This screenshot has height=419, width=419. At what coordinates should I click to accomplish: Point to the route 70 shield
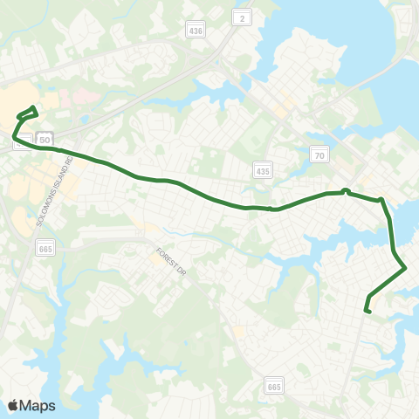click(x=319, y=155)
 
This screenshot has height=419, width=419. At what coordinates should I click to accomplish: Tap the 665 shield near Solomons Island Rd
click(x=45, y=250)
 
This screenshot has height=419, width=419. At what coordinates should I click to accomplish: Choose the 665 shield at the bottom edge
click(x=275, y=384)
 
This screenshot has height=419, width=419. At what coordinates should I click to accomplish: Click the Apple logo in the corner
click(x=13, y=405)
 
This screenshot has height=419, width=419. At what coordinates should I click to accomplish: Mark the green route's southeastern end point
click(x=368, y=311)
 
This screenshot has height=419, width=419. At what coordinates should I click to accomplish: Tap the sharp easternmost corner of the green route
click(x=406, y=268)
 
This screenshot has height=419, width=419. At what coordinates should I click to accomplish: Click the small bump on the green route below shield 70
click(x=346, y=190)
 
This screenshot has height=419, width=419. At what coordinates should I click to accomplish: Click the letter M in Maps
click(x=25, y=405)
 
